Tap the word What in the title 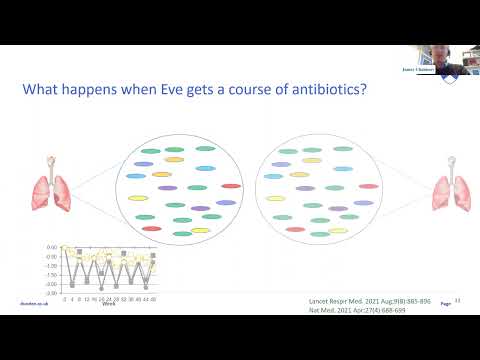[x=44, y=89]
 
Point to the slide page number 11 [x=457, y=299]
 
